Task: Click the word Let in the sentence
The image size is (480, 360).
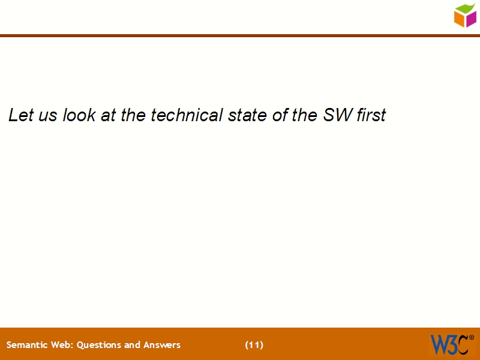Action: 20,115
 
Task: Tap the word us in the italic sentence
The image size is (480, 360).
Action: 48,115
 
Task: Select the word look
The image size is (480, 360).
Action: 79,115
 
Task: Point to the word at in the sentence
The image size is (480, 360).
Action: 109,115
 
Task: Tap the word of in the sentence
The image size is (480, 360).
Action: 280,115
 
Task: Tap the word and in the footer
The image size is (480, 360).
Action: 133,345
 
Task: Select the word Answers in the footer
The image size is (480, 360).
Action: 162,345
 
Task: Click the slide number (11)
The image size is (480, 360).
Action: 254,345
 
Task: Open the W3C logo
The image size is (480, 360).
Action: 449,344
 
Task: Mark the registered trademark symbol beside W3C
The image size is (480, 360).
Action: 471,338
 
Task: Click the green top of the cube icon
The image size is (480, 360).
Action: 466,8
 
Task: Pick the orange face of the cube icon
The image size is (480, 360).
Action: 460,19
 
